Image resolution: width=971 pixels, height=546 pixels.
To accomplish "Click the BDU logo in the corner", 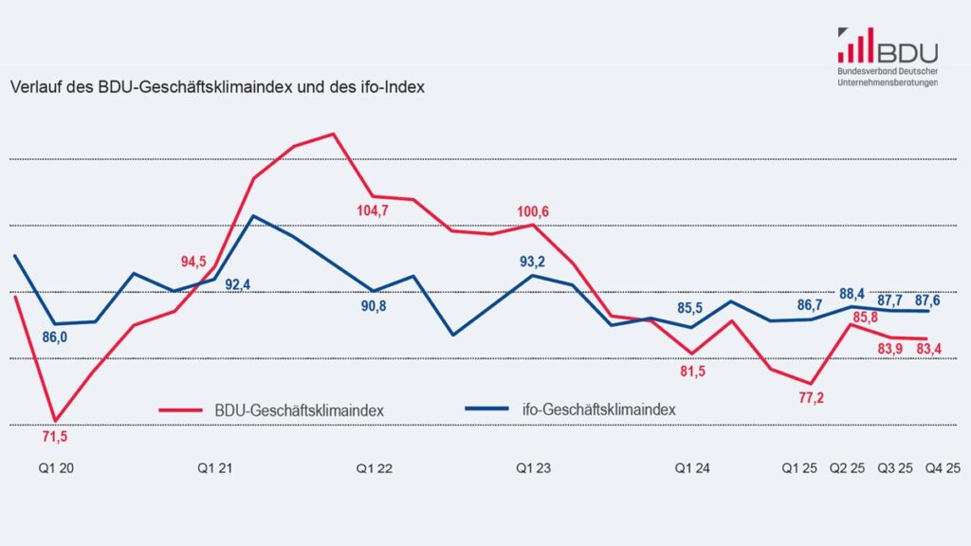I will (x=887, y=56).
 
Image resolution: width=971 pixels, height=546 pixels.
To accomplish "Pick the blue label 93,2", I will (x=533, y=261).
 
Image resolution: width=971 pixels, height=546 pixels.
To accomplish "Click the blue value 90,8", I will (x=374, y=306).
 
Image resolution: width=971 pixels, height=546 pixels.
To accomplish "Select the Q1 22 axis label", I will (x=374, y=468).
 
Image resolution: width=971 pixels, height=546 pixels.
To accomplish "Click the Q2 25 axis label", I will (x=847, y=468).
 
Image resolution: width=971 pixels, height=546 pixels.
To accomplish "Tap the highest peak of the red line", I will (x=333, y=134).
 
